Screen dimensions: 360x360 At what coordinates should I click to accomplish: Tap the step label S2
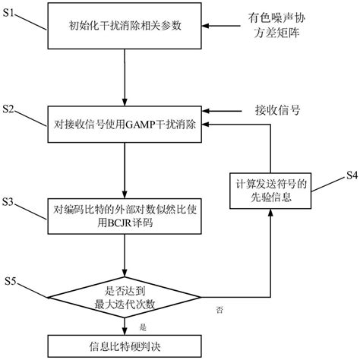coord(11,110)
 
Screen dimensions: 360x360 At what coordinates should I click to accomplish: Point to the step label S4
coord(346,176)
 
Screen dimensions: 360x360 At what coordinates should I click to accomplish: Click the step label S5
coord(11,282)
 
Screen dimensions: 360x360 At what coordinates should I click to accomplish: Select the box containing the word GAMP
coord(126,125)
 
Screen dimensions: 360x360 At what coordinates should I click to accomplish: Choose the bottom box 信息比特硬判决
coord(126,345)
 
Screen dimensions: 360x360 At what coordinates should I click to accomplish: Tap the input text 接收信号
coord(278,109)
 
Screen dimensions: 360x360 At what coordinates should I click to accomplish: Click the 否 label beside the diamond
coord(219,310)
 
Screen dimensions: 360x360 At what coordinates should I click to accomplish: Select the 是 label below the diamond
coord(143,327)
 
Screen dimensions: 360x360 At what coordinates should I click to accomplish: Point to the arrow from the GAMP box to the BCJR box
coord(126,168)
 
